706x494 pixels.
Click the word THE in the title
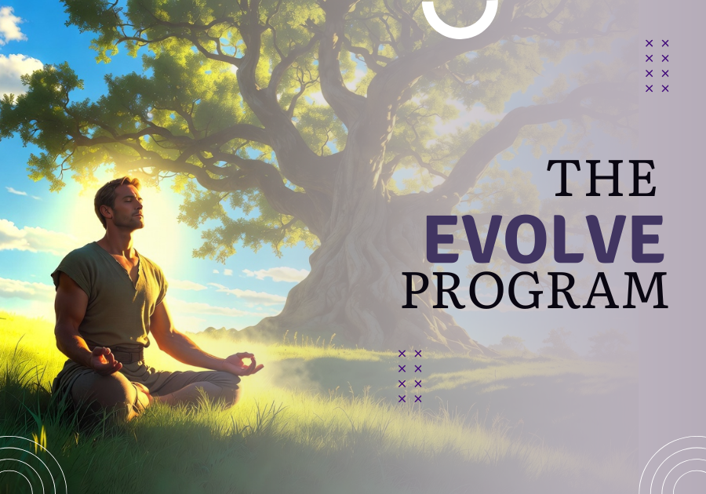602,178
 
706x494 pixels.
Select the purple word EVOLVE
545,239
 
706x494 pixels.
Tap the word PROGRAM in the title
534,290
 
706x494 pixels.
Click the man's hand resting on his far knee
243,364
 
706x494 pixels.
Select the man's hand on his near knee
105,360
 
